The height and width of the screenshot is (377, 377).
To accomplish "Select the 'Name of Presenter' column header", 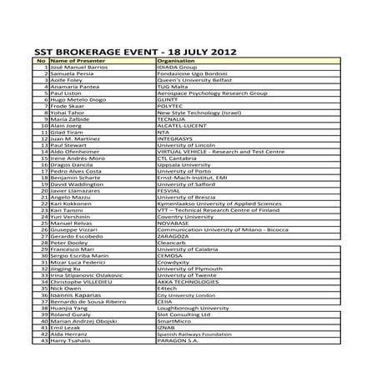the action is [78, 62].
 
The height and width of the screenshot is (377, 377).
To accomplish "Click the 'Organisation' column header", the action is [176, 62].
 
